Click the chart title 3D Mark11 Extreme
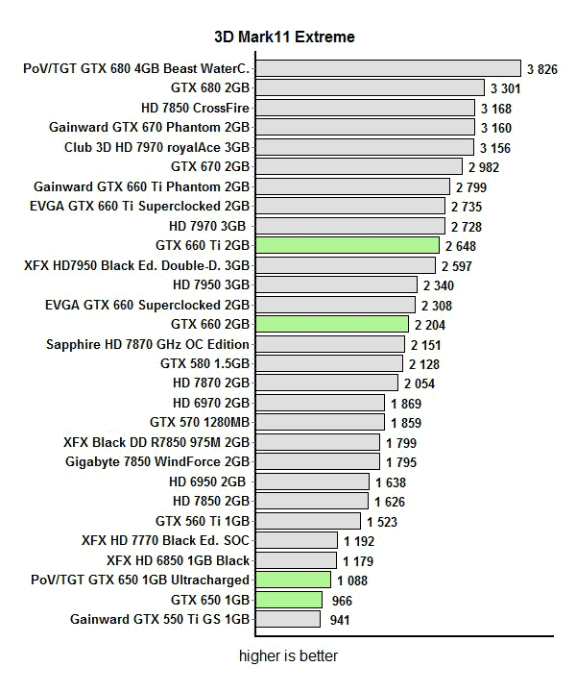(x=284, y=37)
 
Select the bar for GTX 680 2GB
(x=370, y=87)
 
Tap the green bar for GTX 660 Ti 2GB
(x=348, y=245)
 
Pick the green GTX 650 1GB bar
(x=289, y=600)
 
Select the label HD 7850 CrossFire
(x=195, y=108)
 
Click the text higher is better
(x=289, y=656)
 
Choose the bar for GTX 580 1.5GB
(x=329, y=363)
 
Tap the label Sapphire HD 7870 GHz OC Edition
(x=148, y=344)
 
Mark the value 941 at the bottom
(x=339, y=620)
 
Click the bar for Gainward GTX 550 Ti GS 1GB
(x=288, y=619)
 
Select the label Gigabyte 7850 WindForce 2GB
(x=157, y=462)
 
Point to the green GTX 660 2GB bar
(x=333, y=324)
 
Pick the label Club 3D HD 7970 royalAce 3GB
(x=157, y=147)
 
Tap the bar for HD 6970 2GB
(x=321, y=403)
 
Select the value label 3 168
(x=499, y=108)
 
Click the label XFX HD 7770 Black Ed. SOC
(x=166, y=541)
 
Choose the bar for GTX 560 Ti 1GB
(x=308, y=521)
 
